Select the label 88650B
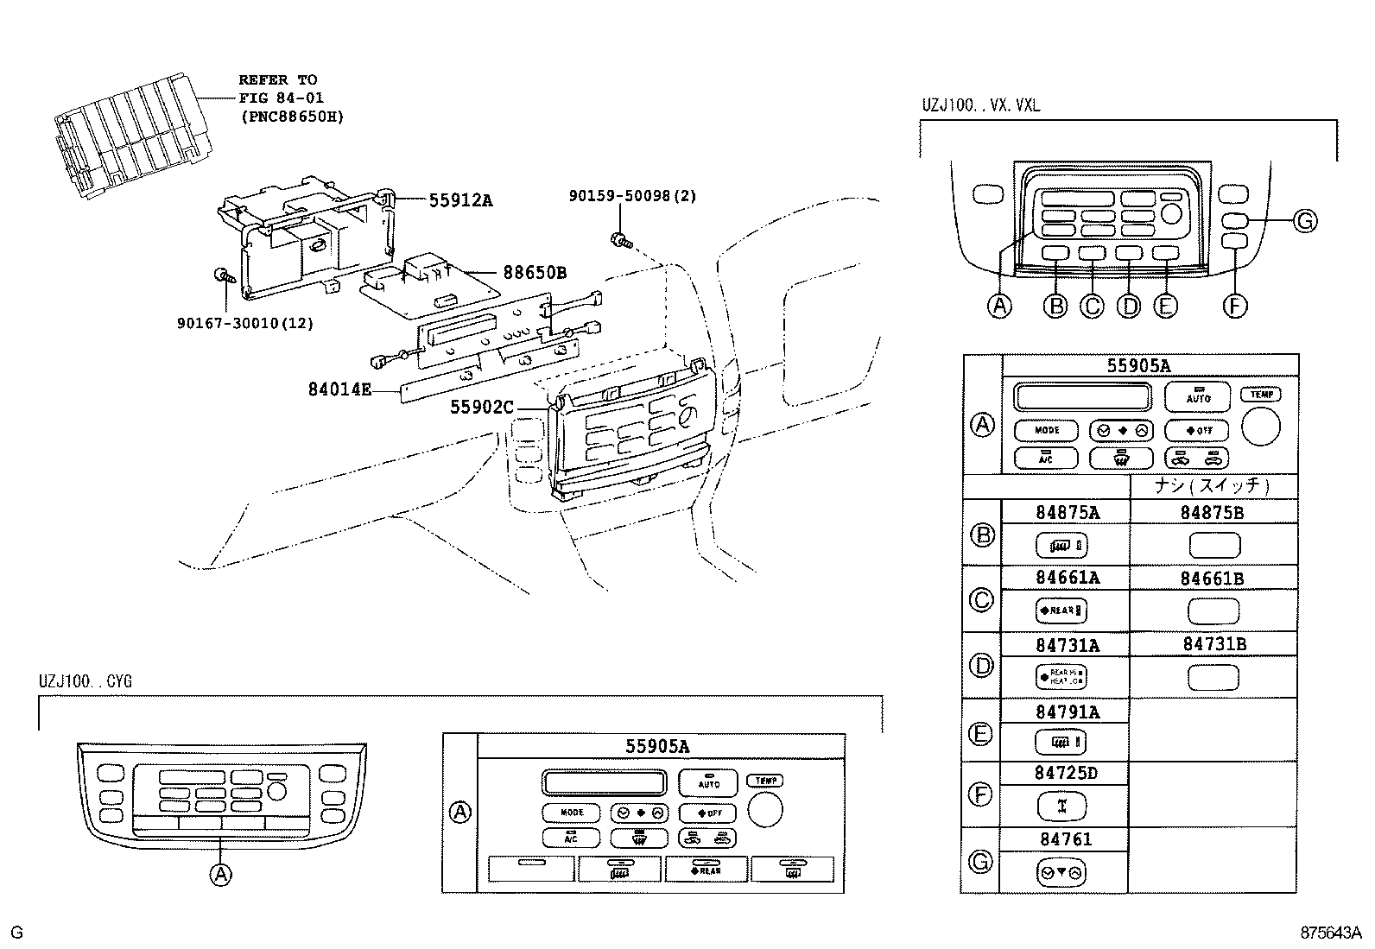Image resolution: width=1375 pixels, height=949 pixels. coord(535,273)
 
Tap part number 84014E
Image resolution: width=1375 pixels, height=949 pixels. coord(339,389)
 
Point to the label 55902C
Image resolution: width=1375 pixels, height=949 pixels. coord(481,406)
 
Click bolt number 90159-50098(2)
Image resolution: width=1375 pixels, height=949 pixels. coord(632,196)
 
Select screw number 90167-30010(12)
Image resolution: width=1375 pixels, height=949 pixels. coord(244,323)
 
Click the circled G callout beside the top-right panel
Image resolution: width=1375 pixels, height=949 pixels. coord(1305,221)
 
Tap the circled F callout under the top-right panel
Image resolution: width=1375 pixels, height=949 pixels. coord(1236,306)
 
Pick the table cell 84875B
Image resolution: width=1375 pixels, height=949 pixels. coord(1212,512)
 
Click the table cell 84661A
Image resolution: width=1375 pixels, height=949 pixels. coord(1068,578)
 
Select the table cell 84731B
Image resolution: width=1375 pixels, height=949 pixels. coord(1214,644)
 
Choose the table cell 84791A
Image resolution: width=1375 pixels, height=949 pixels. coord(1068,712)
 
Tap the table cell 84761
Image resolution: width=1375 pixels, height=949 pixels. coord(1066,838)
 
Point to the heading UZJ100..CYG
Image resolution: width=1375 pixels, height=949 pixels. coord(86,681)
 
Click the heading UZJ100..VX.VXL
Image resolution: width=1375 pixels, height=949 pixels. coord(980,105)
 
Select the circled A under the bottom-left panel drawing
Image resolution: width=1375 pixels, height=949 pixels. coord(221,874)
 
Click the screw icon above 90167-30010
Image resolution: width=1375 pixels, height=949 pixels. coord(223,276)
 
